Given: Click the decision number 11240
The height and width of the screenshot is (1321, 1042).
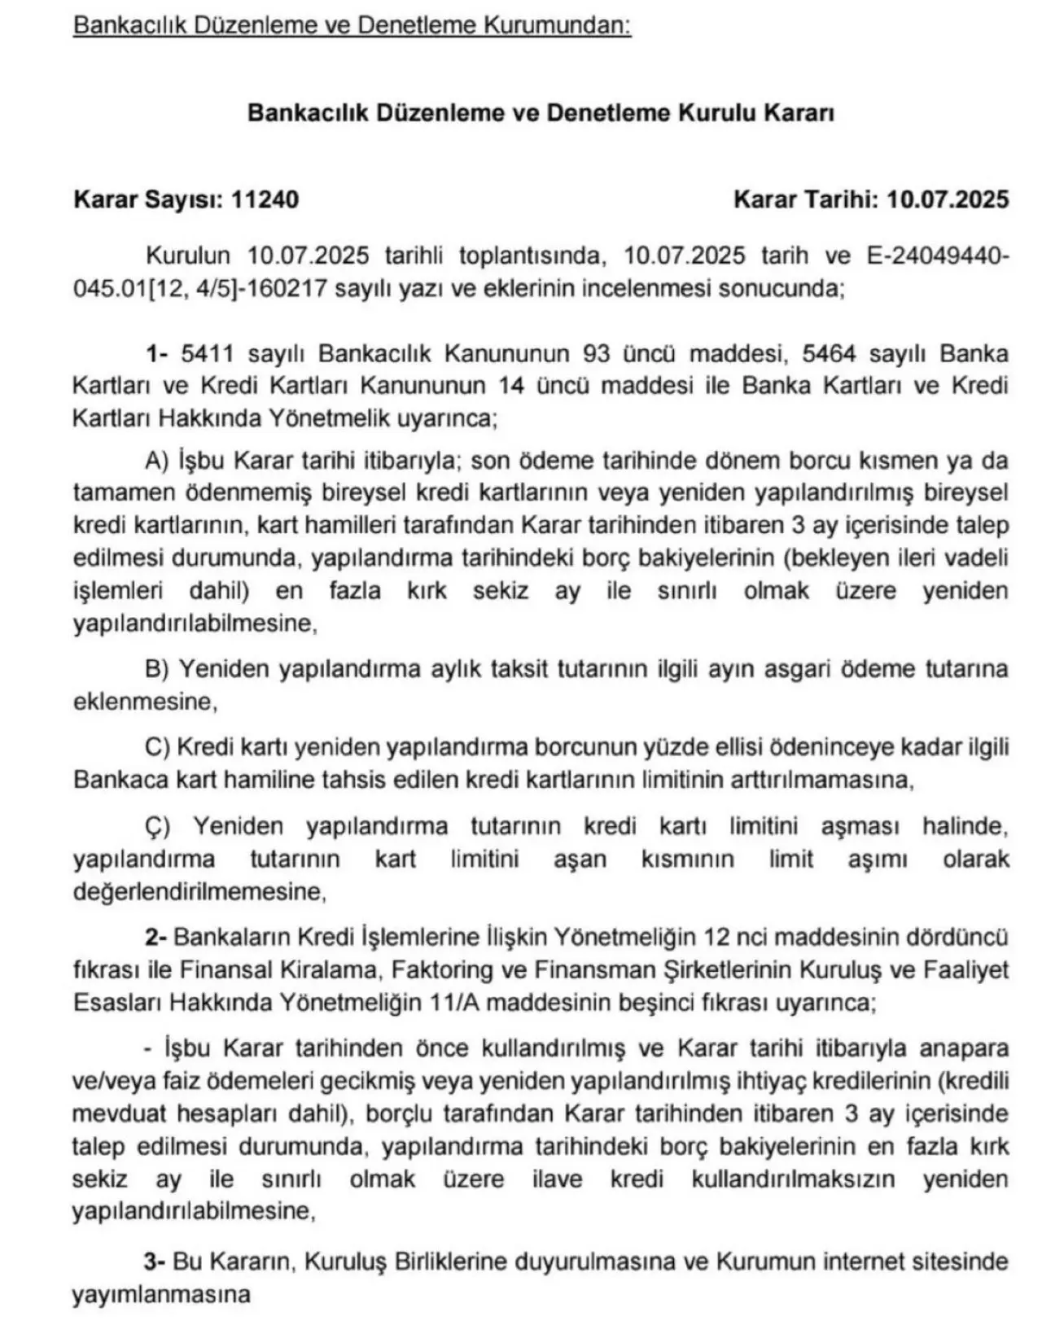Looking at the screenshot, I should point(265,199).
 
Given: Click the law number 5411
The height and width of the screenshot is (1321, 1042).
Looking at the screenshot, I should point(208,353).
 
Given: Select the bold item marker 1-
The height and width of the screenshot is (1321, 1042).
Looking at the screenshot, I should point(156,353).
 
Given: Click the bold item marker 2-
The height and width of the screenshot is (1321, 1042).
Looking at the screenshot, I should point(156,937).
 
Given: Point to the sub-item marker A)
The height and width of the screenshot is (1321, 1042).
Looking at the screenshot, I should point(156,461).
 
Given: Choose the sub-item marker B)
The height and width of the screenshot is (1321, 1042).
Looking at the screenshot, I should point(156,669).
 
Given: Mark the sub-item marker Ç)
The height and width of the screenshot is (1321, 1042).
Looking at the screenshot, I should point(158,826).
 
